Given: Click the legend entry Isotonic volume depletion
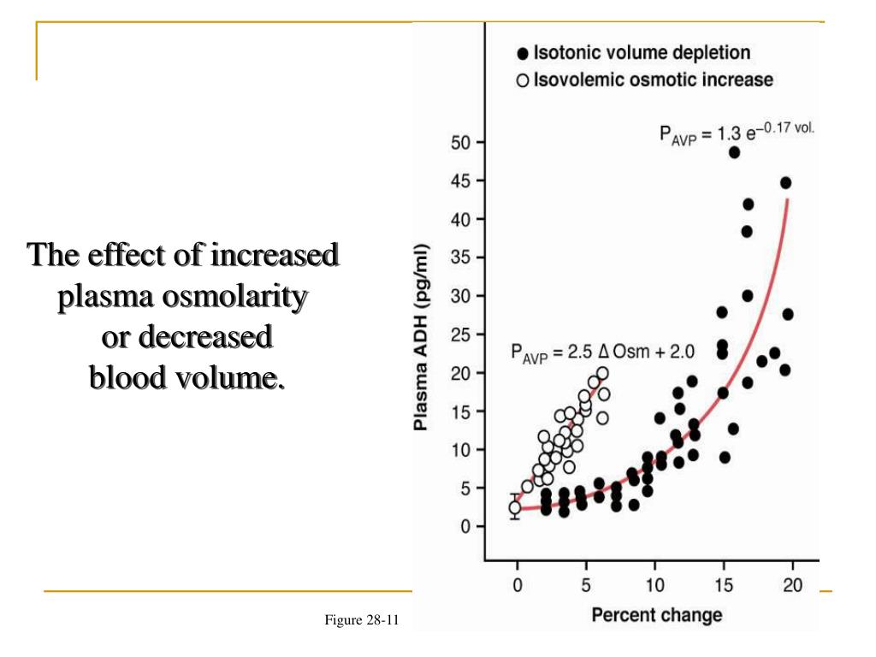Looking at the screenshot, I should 642,53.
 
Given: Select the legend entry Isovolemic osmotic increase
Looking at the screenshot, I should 653,80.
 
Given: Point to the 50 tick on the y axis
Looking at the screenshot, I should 459,142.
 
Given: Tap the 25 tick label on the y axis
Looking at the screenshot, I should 459,334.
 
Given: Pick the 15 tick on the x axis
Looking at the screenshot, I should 723,585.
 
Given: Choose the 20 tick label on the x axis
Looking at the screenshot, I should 792,585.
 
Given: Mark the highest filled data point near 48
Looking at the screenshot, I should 734,152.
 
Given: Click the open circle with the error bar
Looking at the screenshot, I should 515,508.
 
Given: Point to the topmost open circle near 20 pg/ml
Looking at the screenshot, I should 602,373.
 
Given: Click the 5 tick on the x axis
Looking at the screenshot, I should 585,585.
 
